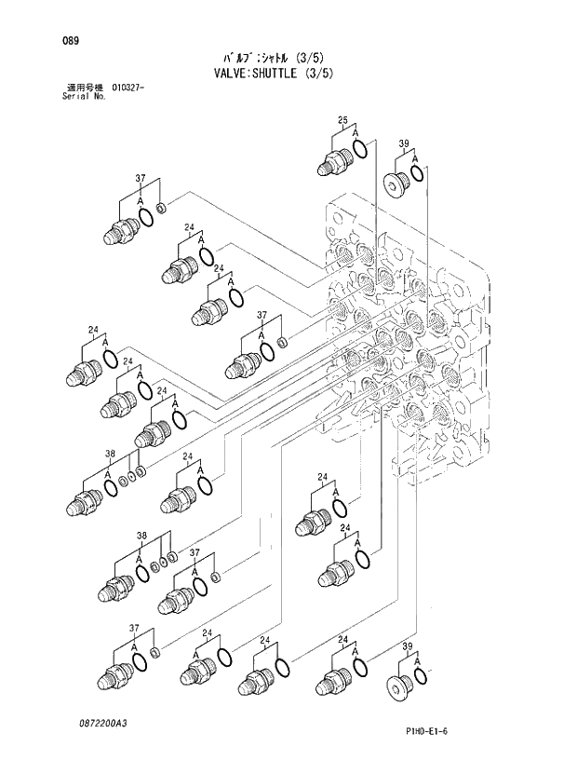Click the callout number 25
click(x=342, y=121)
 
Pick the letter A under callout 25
click(x=356, y=134)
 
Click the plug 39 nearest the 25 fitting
click(x=395, y=184)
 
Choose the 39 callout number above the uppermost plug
click(x=404, y=143)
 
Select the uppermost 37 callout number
click(x=140, y=178)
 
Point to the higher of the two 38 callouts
click(x=110, y=455)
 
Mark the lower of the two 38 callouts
click(x=141, y=536)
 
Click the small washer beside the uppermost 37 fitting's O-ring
click(x=162, y=208)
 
